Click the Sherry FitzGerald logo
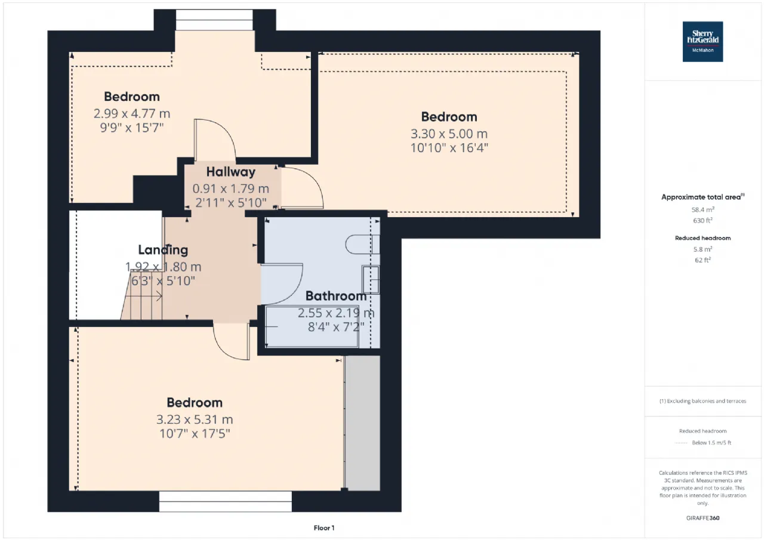pyautogui.click(x=703, y=42)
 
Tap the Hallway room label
pyautogui.click(x=231, y=172)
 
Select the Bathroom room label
pyautogui.click(x=336, y=296)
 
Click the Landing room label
pyautogui.click(x=163, y=250)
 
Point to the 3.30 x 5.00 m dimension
pyautogui.click(x=449, y=134)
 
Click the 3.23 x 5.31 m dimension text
pyautogui.click(x=195, y=419)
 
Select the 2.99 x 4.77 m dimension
pyautogui.click(x=132, y=113)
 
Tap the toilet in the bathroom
pyautogui.click(x=362, y=244)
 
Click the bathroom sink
pyautogui.click(x=371, y=279)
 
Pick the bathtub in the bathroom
pyautogui.click(x=312, y=326)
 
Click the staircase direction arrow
pyautogui.click(x=143, y=296)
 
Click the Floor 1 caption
pyautogui.click(x=324, y=528)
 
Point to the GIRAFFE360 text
pyautogui.click(x=703, y=518)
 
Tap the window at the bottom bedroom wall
pyautogui.click(x=226, y=501)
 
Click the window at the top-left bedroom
pyautogui.click(x=214, y=20)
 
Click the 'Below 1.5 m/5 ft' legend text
pyautogui.click(x=711, y=443)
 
